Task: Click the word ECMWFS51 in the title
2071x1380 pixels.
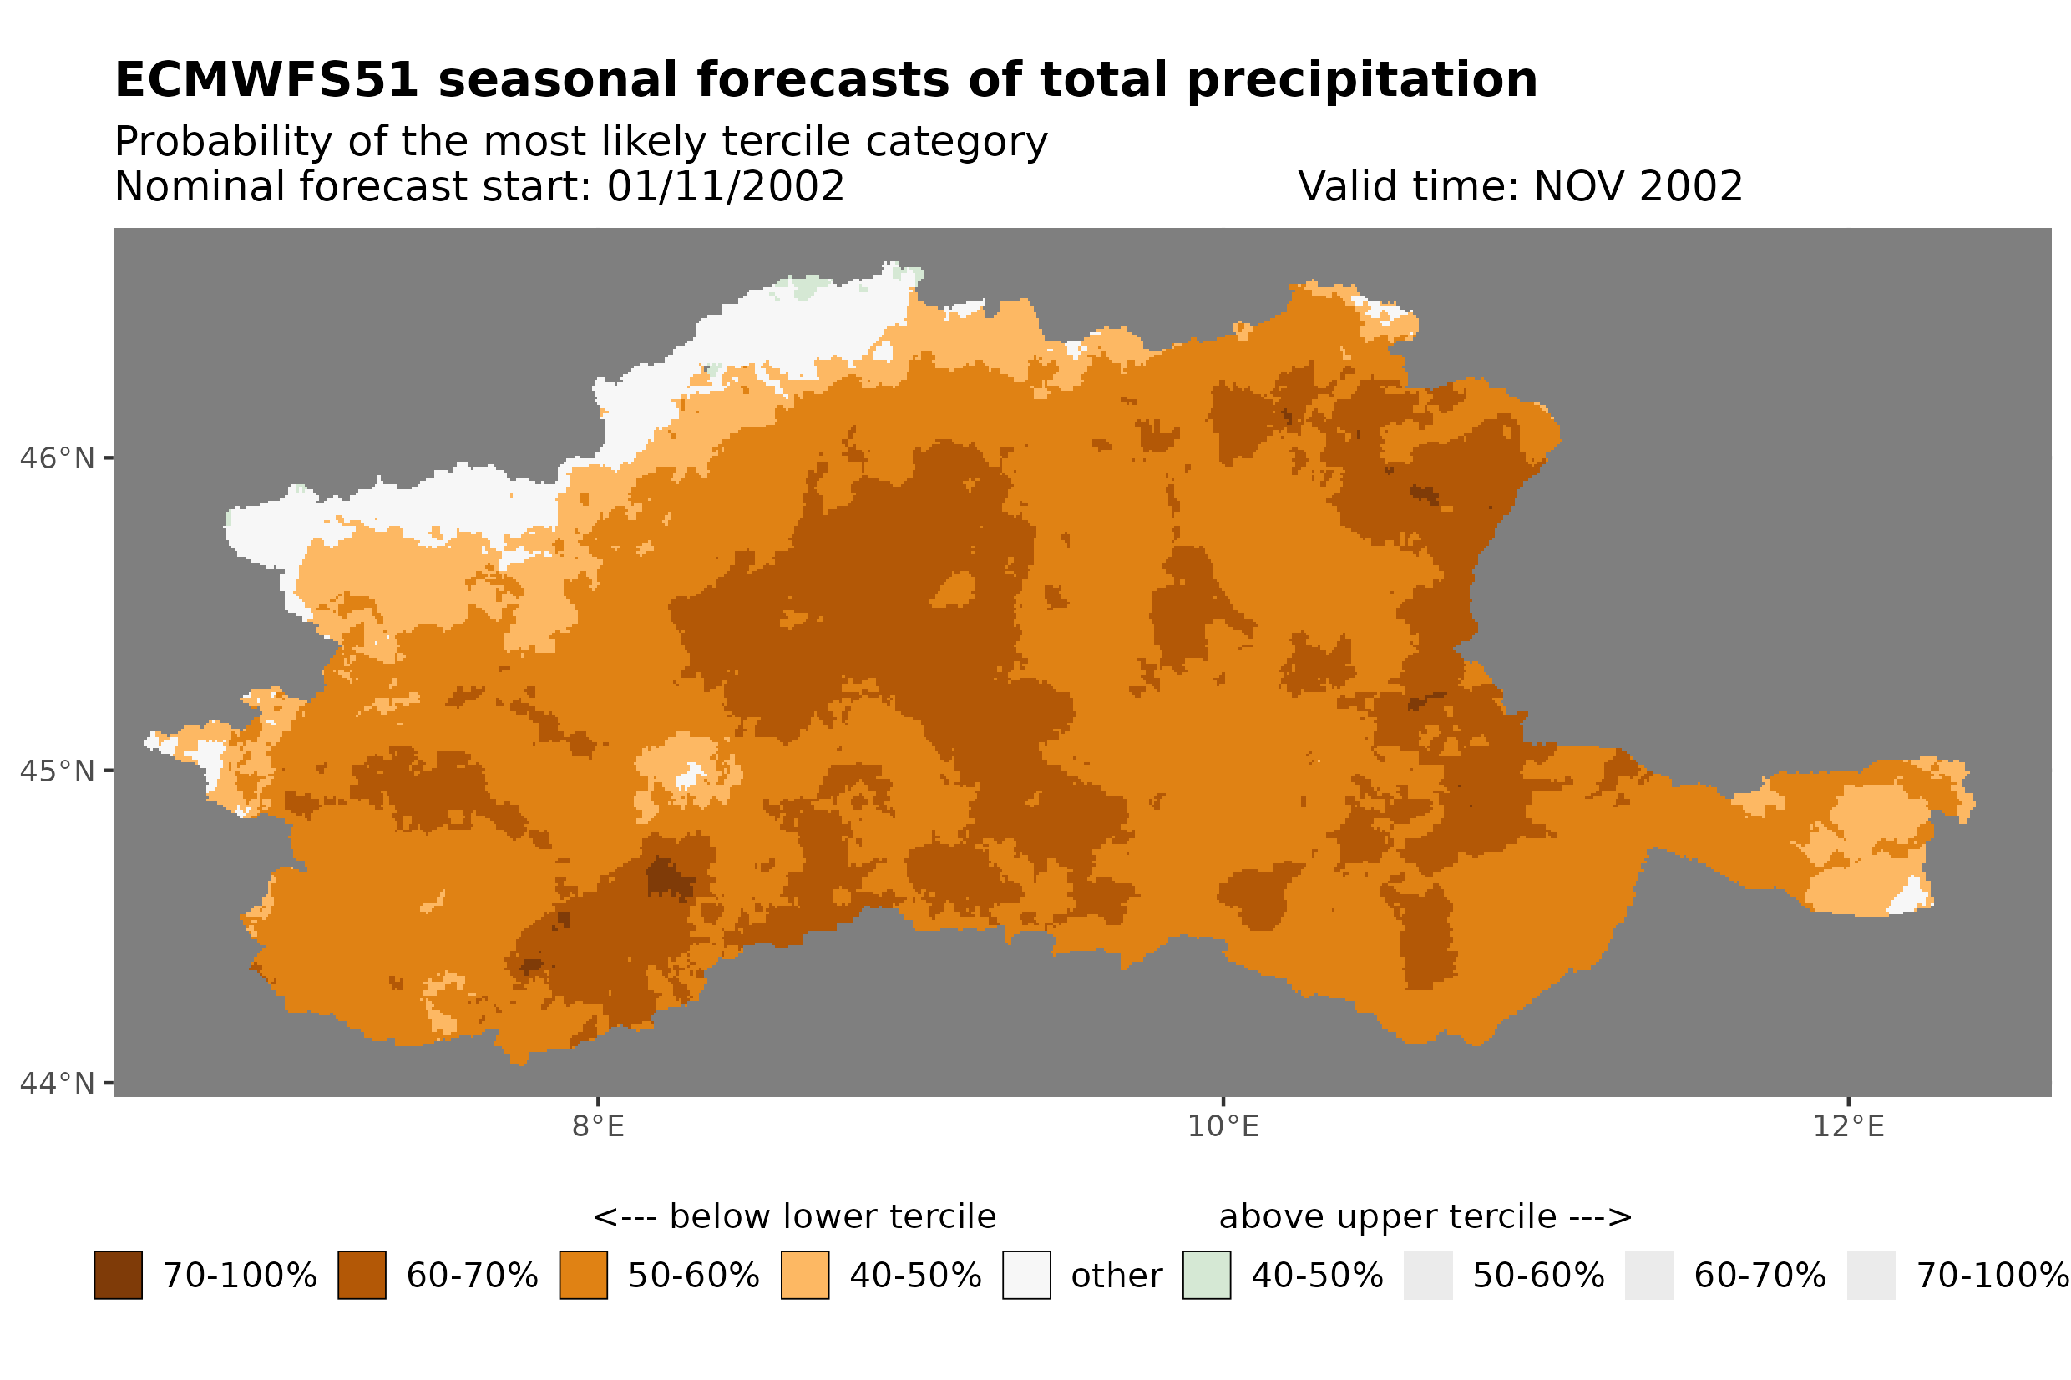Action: pyautogui.click(x=266, y=80)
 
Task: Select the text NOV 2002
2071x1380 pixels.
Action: pyautogui.click(x=1636, y=186)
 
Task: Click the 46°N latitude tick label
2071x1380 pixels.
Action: pyautogui.click(x=56, y=458)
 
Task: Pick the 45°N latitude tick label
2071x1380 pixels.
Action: pyautogui.click(x=56, y=771)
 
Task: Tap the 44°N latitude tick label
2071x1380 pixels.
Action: pyautogui.click(x=56, y=1084)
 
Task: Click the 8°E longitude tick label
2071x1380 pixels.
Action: pyautogui.click(x=598, y=1126)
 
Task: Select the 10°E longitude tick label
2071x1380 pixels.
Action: pyautogui.click(x=1223, y=1126)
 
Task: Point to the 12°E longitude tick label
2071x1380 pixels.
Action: pyautogui.click(x=1847, y=1126)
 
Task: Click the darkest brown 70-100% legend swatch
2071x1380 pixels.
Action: pyautogui.click(x=118, y=1276)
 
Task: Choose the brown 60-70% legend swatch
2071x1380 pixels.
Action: pyautogui.click(x=362, y=1276)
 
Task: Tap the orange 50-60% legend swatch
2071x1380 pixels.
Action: pyautogui.click(x=583, y=1276)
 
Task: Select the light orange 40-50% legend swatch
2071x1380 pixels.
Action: pyautogui.click(x=804, y=1276)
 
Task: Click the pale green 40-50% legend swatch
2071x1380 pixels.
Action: pyautogui.click(x=1206, y=1276)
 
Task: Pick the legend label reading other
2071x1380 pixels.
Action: pyautogui.click(x=1116, y=1276)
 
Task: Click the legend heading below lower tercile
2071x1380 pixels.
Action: pyautogui.click(x=794, y=1217)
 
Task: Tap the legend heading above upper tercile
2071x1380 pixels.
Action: pyautogui.click(x=1425, y=1217)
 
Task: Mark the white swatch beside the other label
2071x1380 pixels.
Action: pyautogui.click(x=1026, y=1276)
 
